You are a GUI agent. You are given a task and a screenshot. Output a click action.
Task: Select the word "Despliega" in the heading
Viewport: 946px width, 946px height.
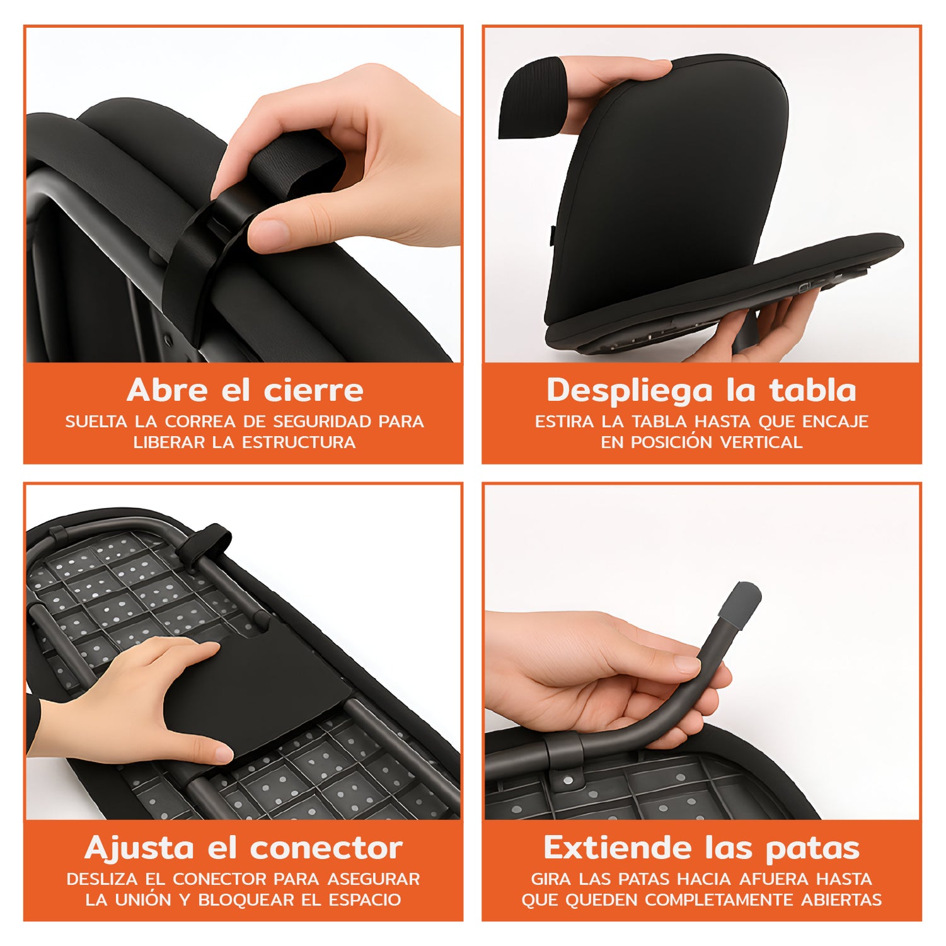pyautogui.click(x=630, y=390)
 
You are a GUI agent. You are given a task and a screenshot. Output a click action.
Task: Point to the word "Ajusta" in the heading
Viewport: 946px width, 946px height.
pyautogui.click(x=139, y=848)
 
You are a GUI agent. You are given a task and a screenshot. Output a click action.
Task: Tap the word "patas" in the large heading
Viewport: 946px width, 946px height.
pyautogui.click(x=812, y=848)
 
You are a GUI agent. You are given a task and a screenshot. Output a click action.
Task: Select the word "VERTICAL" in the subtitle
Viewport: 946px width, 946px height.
pyautogui.click(x=761, y=442)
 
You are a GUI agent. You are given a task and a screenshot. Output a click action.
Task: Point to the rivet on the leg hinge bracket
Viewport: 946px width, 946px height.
pyautogui.click(x=569, y=781)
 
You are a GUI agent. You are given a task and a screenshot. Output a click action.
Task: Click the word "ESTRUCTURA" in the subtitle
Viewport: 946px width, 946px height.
pyautogui.click(x=299, y=442)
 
